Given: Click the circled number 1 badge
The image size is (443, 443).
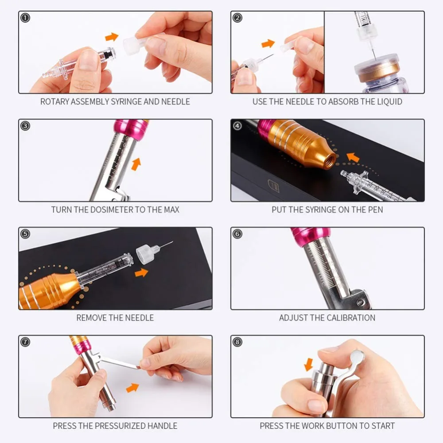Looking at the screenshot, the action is pyautogui.click(x=25, y=18).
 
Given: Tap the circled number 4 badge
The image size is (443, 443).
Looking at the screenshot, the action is pyautogui.click(x=237, y=126).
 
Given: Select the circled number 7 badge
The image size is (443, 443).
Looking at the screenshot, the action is pyautogui.click(x=25, y=342).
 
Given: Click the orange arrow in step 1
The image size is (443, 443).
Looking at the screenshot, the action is pyautogui.click(x=112, y=37).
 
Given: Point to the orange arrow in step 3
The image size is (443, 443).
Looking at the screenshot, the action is pyautogui.click(x=136, y=164).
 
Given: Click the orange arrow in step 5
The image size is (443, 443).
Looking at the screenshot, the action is pyautogui.click(x=142, y=272).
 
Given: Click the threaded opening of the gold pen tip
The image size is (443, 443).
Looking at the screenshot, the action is pyautogui.click(x=330, y=160).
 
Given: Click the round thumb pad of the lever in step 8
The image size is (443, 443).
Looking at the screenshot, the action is pyautogui.click(x=357, y=356).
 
